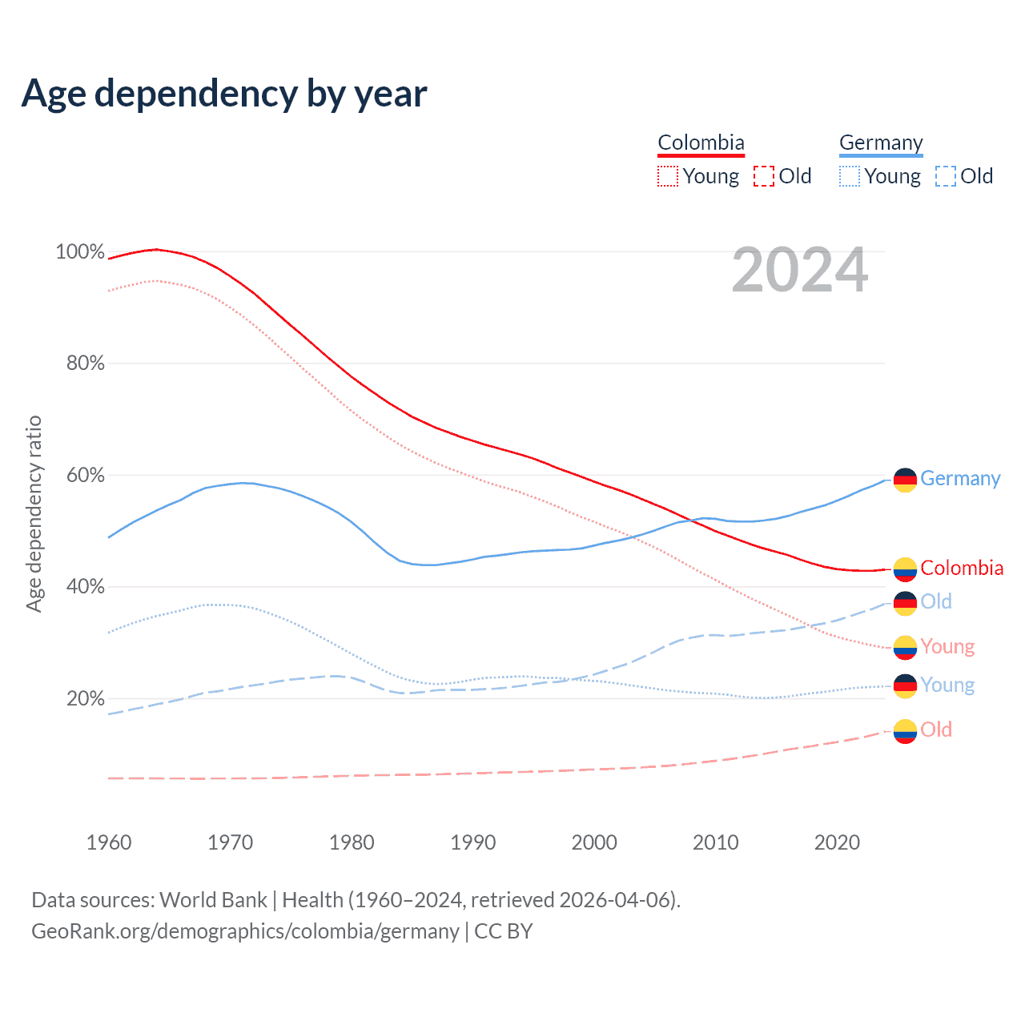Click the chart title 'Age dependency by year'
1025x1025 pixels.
click(x=224, y=94)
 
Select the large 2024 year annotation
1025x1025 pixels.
click(x=799, y=271)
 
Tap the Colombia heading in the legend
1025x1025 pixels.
click(x=701, y=143)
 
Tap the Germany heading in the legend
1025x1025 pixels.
click(x=881, y=143)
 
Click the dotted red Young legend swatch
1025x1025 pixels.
click(x=667, y=176)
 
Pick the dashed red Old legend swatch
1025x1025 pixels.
click(x=764, y=176)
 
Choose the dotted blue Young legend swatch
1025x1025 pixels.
click(x=850, y=176)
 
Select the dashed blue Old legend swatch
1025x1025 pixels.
click(x=946, y=176)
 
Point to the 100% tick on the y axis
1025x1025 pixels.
click(x=80, y=251)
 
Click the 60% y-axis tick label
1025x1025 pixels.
click(x=85, y=475)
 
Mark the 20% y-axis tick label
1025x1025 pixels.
click(x=85, y=698)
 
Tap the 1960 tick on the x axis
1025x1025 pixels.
click(x=109, y=842)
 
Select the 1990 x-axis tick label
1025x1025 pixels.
click(x=472, y=842)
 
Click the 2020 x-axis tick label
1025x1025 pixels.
click(x=837, y=842)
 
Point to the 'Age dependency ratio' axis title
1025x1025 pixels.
click(x=34, y=513)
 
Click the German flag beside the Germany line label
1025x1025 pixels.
click(x=905, y=480)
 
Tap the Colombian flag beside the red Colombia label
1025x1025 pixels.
click(x=905, y=569)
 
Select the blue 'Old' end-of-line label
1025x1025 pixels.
click(x=936, y=601)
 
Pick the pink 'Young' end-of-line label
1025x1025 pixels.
click(x=947, y=646)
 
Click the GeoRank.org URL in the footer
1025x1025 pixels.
click(x=245, y=931)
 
